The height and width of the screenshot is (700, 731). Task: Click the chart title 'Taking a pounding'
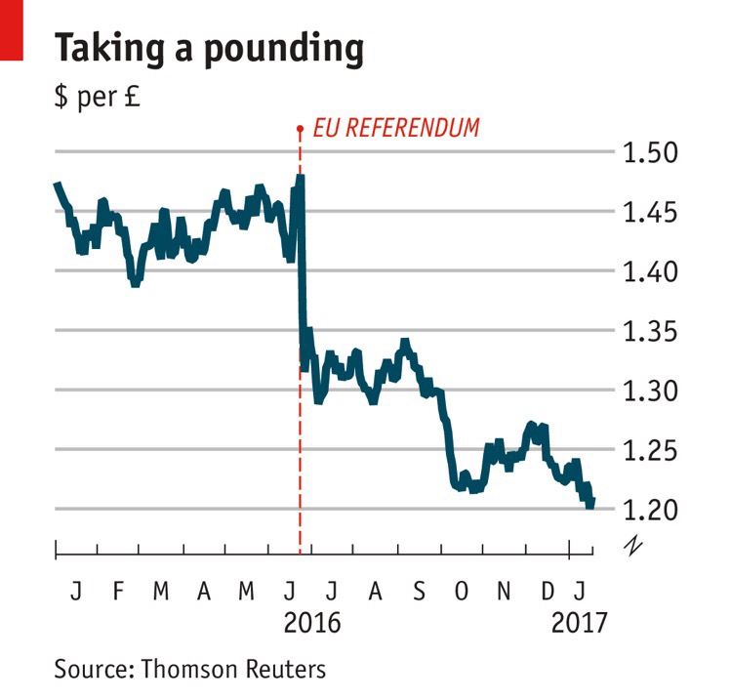click(x=210, y=48)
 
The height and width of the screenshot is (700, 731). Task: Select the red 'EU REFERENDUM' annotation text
click(x=395, y=128)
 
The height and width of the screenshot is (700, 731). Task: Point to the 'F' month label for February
click(x=118, y=591)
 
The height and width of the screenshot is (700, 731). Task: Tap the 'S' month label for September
click(x=419, y=591)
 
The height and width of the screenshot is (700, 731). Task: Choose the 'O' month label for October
click(x=462, y=591)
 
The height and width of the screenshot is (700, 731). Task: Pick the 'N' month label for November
click(x=505, y=591)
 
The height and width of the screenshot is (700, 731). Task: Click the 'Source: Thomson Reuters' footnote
click(x=189, y=669)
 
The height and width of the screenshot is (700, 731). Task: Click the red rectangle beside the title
click(x=11, y=30)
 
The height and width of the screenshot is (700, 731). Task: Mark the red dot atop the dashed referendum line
click(x=300, y=127)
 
